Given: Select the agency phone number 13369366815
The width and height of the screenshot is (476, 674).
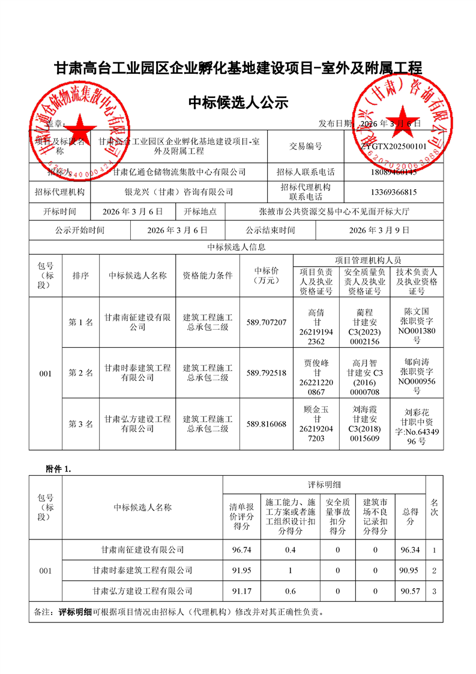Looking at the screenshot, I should click(x=394, y=192).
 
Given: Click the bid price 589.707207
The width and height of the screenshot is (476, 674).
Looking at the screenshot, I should click(x=267, y=323).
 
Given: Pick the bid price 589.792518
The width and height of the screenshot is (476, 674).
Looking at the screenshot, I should click(x=267, y=372).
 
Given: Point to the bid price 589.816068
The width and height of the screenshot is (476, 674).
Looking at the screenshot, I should click(x=267, y=424).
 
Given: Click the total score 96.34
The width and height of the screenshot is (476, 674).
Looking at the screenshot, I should click(x=410, y=550).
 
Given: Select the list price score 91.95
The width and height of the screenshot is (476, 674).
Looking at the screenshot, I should click(x=242, y=570).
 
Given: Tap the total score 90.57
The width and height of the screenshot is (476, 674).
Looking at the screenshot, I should click(x=410, y=591).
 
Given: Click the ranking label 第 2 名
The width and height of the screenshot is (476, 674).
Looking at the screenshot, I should click(x=81, y=373).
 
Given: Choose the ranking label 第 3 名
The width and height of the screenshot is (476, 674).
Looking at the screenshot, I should click(x=81, y=424).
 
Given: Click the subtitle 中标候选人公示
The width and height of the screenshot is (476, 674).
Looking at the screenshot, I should click(x=238, y=103).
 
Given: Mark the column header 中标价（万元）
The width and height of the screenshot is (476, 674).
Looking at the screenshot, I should click(x=267, y=275).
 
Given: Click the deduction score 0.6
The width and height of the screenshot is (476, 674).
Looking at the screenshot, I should click(x=291, y=591).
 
